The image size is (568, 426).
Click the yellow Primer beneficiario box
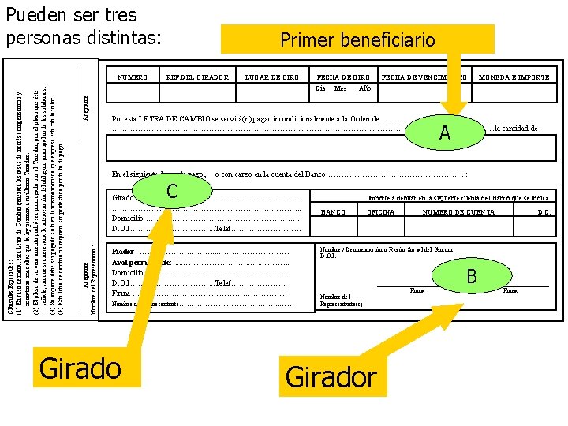click(357, 39)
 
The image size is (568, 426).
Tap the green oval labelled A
click(444, 133)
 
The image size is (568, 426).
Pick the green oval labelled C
click(172, 191)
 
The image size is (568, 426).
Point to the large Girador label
click(331, 376)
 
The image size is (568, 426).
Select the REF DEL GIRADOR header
click(197, 77)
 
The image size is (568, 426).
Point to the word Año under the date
click(364, 88)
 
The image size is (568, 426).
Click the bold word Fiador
click(123, 250)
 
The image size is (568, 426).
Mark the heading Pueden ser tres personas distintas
click(83, 25)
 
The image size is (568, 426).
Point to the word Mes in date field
click(341, 88)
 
